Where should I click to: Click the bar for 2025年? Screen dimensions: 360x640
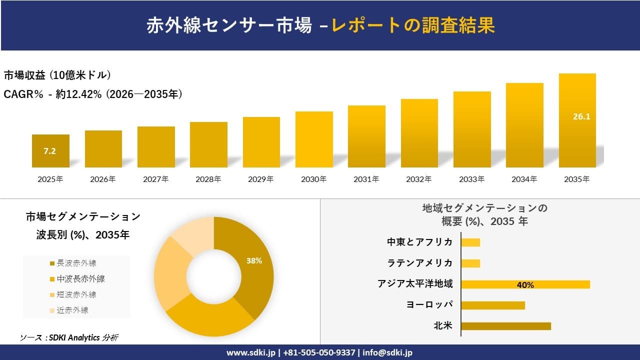tap(50, 151)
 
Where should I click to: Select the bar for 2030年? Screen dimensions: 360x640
tap(314, 139)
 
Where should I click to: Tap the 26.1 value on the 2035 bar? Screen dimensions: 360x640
tap(577, 117)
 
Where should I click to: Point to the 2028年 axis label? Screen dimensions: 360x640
tap(208, 179)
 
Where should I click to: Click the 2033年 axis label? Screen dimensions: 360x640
tap(471, 179)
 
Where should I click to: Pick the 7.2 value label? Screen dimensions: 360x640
tap(49, 151)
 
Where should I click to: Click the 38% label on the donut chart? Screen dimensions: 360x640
tap(254, 260)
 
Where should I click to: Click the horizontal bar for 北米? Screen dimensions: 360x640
tap(505, 326)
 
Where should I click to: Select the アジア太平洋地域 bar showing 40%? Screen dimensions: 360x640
tap(525, 284)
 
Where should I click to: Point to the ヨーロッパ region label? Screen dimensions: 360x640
tap(430, 305)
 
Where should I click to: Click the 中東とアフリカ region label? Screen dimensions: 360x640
tap(420, 242)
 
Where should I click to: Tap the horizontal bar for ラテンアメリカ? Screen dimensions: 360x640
tap(470, 263)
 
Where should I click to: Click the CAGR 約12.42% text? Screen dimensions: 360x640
tap(93, 94)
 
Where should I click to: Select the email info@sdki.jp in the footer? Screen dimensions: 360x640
tap(387, 352)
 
